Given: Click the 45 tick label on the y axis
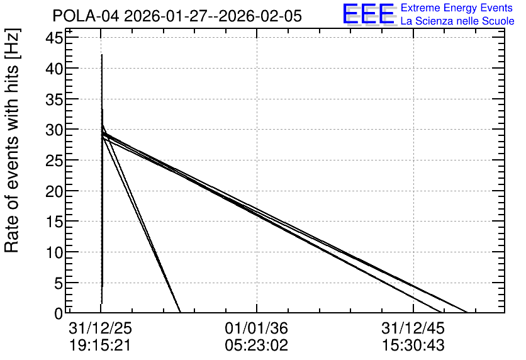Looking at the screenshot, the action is click(54, 38).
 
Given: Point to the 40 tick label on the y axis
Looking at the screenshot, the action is click(54, 69).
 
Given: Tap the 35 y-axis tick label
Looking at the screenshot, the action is click(54, 99).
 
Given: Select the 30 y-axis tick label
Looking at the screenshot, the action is click(54, 130).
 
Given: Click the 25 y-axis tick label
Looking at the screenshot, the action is click(54, 160).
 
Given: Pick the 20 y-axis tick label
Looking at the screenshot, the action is click(54, 191).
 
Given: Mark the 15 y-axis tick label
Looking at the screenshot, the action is click(54, 222).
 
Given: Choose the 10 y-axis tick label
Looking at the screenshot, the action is click(54, 252).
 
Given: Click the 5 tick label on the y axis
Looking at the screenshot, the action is click(59, 283).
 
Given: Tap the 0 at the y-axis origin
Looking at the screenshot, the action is click(59, 313).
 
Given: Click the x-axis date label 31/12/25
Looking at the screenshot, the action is click(100, 329).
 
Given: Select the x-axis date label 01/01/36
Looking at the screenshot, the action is click(257, 329).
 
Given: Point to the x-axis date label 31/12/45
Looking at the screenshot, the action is click(413, 329).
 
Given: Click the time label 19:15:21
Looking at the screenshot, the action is click(99, 346).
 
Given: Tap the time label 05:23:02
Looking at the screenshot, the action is click(257, 346).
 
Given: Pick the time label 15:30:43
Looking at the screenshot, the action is click(413, 346).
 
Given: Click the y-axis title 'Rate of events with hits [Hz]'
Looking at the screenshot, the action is click(12, 141).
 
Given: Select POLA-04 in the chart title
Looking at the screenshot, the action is click(86, 16).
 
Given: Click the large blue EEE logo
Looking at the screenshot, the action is click(368, 14).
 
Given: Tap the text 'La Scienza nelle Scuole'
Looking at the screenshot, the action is click(457, 21).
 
